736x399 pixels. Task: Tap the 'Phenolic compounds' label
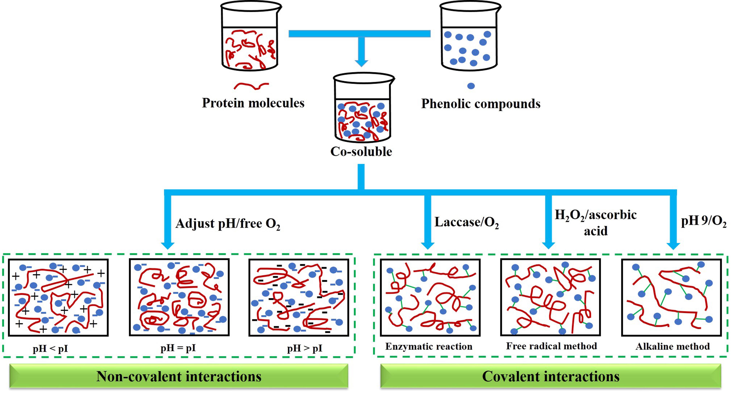pos(481,104)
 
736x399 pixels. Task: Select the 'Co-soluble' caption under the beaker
pos(361,151)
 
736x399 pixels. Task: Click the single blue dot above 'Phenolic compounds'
pos(471,86)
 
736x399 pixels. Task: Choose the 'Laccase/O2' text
pos(466,222)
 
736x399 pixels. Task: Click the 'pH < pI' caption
pos(50,349)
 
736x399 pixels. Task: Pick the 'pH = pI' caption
pos(178,348)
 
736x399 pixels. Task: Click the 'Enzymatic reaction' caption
pos(428,346)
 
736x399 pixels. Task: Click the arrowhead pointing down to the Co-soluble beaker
pos(361,63)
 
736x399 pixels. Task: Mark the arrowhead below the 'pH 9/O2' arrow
pos(673,246)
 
